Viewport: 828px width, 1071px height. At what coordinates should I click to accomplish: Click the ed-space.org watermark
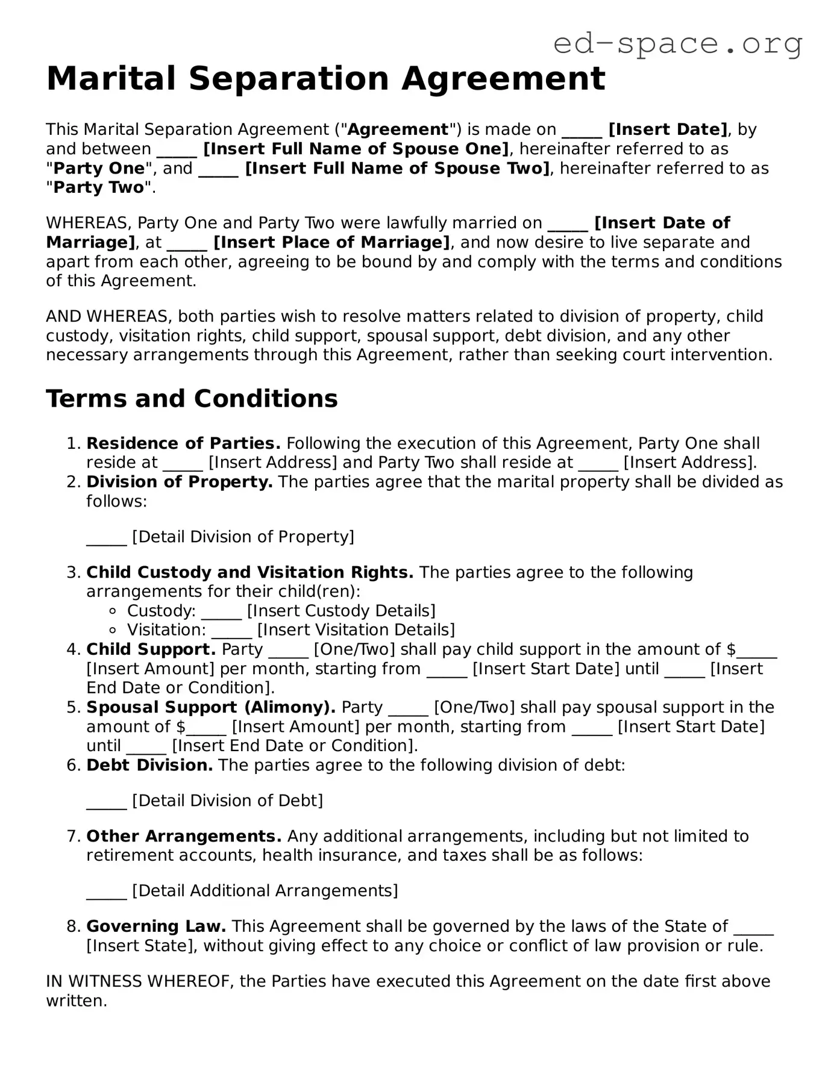coord(677,44)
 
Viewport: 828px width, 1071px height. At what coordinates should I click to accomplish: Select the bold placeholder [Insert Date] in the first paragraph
coord(668,130)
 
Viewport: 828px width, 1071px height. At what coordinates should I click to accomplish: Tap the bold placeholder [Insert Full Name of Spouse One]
coord(356,149)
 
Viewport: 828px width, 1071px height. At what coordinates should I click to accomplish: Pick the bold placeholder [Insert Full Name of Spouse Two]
coord(398,168)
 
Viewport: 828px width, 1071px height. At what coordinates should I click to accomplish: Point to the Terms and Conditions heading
coord(192,399)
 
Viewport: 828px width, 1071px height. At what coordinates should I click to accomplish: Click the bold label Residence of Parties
coord(183,443)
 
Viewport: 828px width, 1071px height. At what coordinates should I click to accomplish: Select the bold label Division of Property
coord(180,482)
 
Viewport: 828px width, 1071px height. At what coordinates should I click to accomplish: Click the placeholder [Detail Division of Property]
coord(243,537)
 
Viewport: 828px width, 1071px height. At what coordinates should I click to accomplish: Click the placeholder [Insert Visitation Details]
coord(356,630)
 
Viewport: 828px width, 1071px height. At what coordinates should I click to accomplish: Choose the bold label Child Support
coord(151,649)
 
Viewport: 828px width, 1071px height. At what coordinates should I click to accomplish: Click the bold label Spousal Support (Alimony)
coord(211,707)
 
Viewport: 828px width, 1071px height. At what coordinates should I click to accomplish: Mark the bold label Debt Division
coord(149,765)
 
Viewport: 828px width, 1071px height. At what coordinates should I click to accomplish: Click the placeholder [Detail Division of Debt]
coord(227,801)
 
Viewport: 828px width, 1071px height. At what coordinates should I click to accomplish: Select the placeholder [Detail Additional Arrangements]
coord(265,891)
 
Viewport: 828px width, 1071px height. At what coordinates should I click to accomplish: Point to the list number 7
coord(72,836)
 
